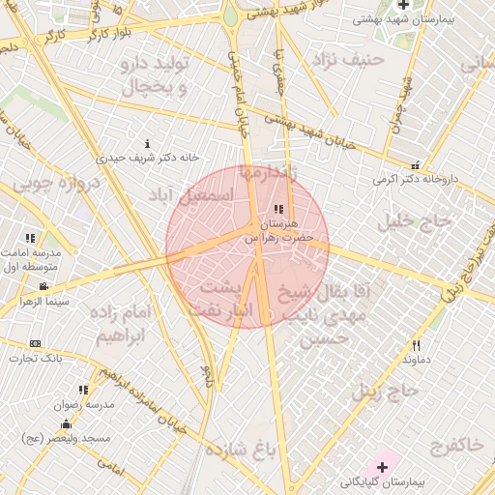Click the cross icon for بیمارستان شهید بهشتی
point(403,5)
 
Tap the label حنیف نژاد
point(349,59)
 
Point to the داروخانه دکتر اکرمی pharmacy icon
point(416,164)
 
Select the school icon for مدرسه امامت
point(30,238)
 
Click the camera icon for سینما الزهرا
point(44,287)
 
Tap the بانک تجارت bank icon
point(36,344)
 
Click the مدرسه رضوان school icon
point(83,391)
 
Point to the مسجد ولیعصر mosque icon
point(66,423)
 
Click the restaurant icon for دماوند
point(417,345)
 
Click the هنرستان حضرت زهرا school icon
point(279,209)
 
